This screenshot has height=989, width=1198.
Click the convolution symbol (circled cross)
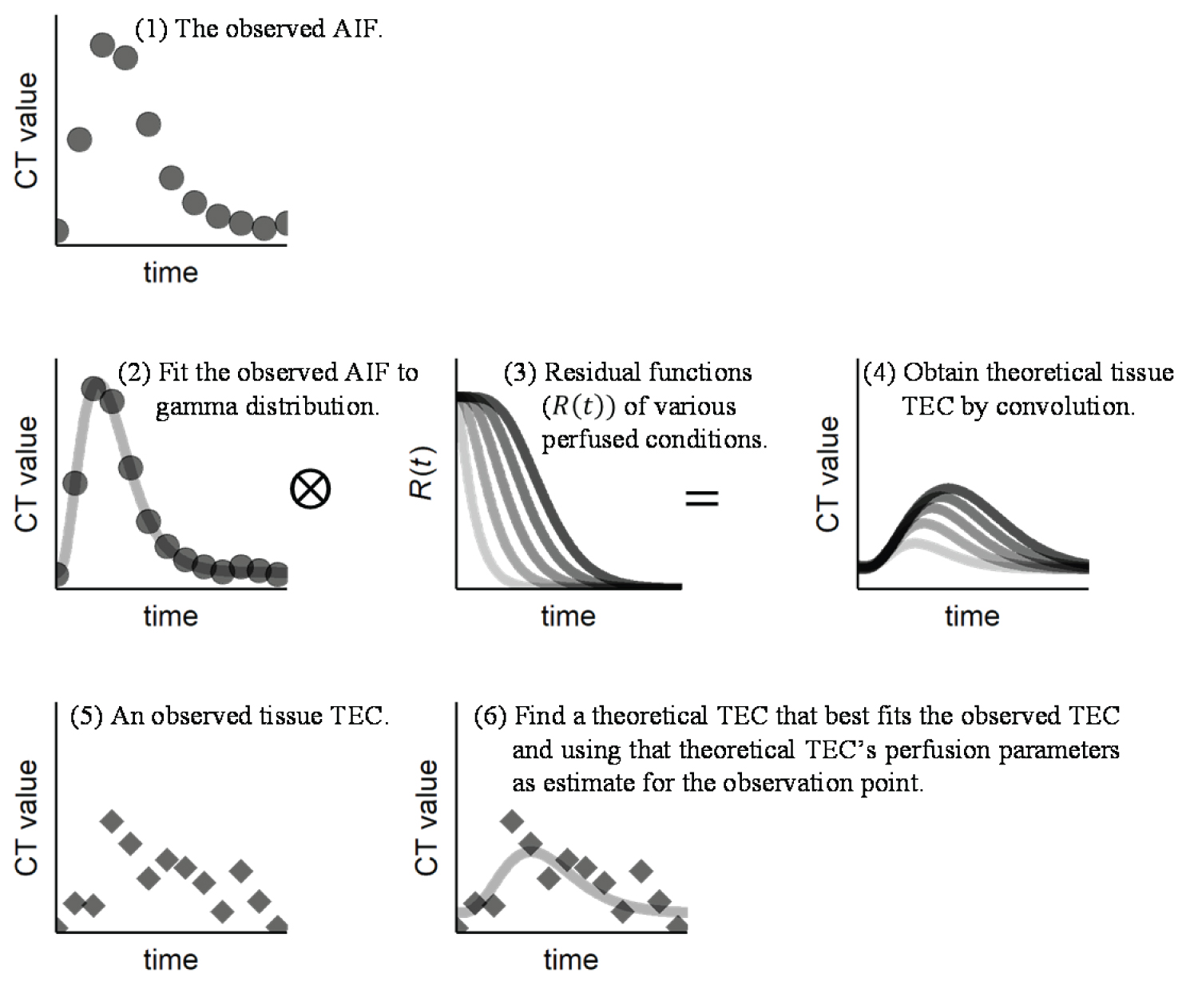coord(310,488)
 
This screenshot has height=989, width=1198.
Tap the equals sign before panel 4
coord(702,498)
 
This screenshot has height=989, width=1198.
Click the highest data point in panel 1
coord(102,45)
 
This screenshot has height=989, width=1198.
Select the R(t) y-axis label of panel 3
coord(422,473)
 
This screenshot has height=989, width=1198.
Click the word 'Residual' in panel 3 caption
coord(592,372)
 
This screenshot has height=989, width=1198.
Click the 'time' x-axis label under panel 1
coord(170,272)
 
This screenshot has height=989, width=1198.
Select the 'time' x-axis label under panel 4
coord(972,616)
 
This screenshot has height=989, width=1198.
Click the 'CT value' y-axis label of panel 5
coord(27,817)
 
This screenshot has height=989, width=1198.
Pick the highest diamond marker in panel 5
coord(112,820)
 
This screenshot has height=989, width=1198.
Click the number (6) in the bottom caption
coord(490,716)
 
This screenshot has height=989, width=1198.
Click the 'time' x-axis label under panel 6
coord(570,959)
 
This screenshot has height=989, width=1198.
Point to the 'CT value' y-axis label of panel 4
coord(828,474)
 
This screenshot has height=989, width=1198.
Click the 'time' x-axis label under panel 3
coord(568,616)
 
